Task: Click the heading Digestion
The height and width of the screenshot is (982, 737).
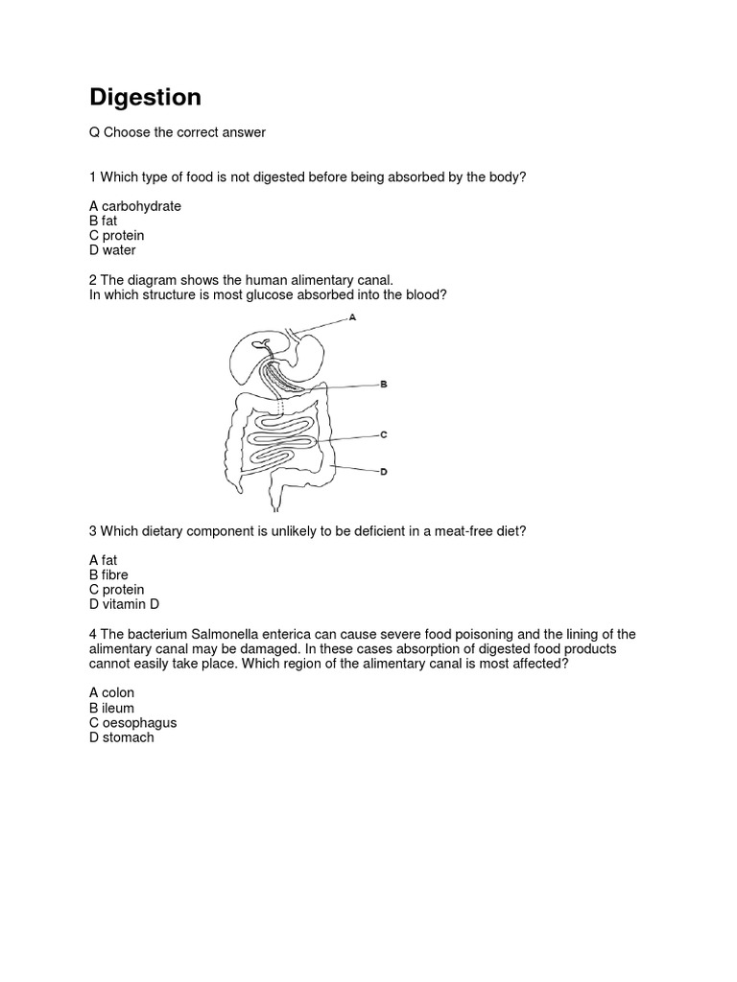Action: [x=145, y=98]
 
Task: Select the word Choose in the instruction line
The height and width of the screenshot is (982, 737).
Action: [x=129, y=132]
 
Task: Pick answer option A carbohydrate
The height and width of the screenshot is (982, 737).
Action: [x=135, y=206]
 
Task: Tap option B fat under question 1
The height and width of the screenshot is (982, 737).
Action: [x=103, y=221]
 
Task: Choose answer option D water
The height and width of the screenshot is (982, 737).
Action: [x=113, y=250]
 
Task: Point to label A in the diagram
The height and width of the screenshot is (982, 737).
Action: [x=353, y=317]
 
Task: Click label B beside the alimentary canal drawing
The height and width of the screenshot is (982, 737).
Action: [x=383, y=384]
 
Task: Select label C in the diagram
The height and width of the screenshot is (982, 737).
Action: [x=383, y=434]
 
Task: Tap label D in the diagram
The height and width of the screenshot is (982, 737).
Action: [x=383, y=471]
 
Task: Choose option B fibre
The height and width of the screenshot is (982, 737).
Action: [x=108, y=574]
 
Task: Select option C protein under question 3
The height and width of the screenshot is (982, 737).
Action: [x=117, y=589]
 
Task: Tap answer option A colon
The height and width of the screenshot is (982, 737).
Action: [x=112, y=692]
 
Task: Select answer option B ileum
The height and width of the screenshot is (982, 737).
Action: [x=111, y=708]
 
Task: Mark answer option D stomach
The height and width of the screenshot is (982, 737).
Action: [x=122, y=737]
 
